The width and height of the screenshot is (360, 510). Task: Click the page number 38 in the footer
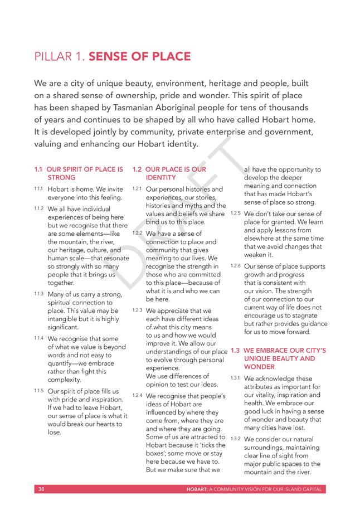click(x=41, y=489)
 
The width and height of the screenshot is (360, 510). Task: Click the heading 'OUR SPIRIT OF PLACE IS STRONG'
click(x=84, y=173)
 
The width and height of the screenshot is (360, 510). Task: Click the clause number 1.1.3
click(x=38, y=293)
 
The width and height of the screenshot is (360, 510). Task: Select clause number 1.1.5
click(x=38, y=391)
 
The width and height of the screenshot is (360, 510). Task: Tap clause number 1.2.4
click(x=137, y=395)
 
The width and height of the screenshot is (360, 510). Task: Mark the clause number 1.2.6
click(x=235, y=266)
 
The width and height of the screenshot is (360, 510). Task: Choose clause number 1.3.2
click(x=235, y=439)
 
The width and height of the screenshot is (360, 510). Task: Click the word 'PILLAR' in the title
click(x=52, y=56)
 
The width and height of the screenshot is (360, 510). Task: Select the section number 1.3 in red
click(x=235, y=351)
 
